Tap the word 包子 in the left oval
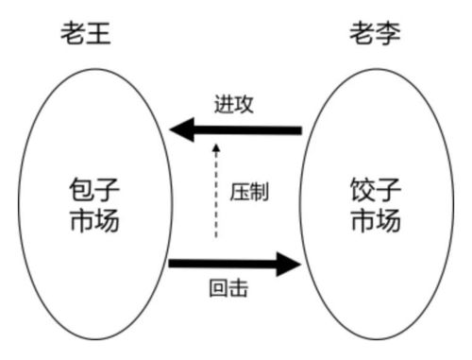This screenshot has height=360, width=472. point(96,189)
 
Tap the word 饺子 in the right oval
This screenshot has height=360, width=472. point(374,189)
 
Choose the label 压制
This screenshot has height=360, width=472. point(249,191)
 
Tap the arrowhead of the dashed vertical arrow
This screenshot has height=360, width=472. point(216,148)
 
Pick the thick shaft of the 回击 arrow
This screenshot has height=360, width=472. point(222,263)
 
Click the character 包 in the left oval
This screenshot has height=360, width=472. point(82,189)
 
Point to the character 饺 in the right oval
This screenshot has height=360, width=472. point(360,189)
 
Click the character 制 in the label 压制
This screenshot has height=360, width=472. point(260,191)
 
